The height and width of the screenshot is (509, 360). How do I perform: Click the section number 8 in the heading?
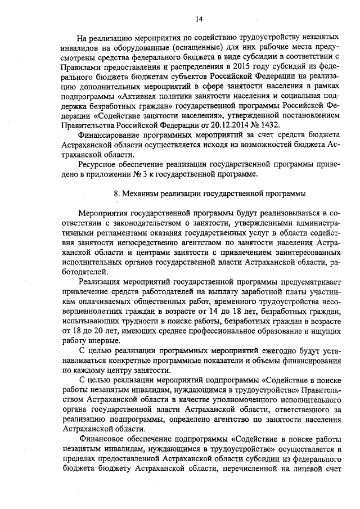click(116, 193)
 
